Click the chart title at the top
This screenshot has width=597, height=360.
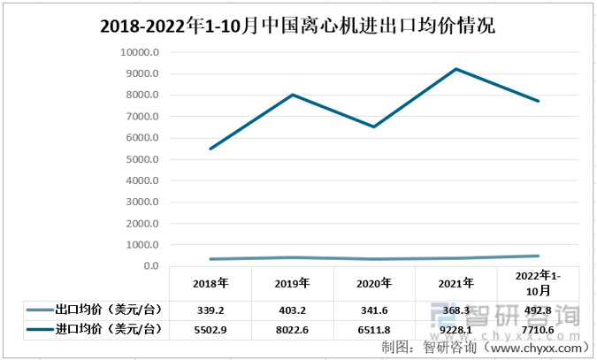tap(297, 27)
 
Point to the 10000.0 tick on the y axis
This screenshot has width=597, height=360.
tap(140, 52)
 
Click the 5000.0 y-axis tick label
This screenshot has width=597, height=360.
tap(142, 159)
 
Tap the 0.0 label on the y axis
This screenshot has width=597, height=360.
tap(150, 266)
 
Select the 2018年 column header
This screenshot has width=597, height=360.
tap(210, 284)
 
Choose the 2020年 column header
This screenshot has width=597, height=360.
tap(374, 284)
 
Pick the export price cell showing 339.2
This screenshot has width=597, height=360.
tap(210, 310)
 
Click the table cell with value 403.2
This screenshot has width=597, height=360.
tap(292, 310)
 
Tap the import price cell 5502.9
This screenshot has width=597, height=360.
tap(210, 329)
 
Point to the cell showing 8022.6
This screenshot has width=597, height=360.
tap(292, 329)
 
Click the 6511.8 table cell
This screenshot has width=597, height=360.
tap(374, 329)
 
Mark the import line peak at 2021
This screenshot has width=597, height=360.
tap(456, 69)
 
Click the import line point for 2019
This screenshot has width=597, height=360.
tap(293, 95)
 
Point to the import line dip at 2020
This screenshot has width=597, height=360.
tap(374, 126)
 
